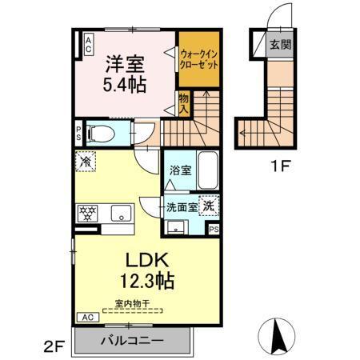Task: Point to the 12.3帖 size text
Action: tap(145, 282)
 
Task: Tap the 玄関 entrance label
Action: tap(279, 45)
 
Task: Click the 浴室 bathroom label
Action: tap(180, 170)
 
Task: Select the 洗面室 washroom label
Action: tap(181, 207)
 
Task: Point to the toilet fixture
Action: tap(100, 132)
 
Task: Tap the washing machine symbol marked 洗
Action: tap(208, 205)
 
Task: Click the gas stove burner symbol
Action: tap(86, 214)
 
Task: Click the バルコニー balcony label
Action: tap(132, 341)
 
